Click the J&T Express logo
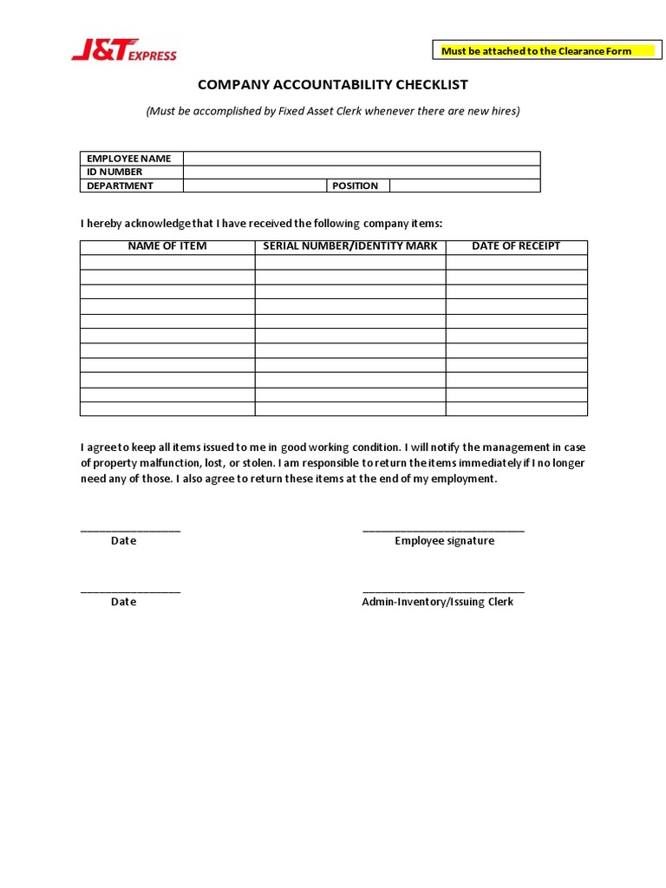tap(123, 53)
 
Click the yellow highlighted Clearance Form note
tap(536, 51)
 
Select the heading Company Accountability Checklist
tap(333, 85)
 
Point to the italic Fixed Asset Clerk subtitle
tap(333, 111)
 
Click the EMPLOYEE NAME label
tap(128, 159)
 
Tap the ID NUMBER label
tap(114, 172)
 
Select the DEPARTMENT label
tap(120, 186)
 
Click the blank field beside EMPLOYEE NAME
tap(361, 159)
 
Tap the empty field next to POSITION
tap(465, 186)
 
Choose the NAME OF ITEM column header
tap(167, 246)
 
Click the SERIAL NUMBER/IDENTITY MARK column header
tap(350, 246)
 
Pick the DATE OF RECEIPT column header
tap(516, 246)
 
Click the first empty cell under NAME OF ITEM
tap(167, 262)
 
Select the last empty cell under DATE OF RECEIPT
tap(516, 408)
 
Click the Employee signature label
tap(444, 541)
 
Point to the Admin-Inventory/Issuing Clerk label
tap(437, 602)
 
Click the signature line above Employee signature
tap(443, 529)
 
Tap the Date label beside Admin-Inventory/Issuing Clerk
tap(123, 602)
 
